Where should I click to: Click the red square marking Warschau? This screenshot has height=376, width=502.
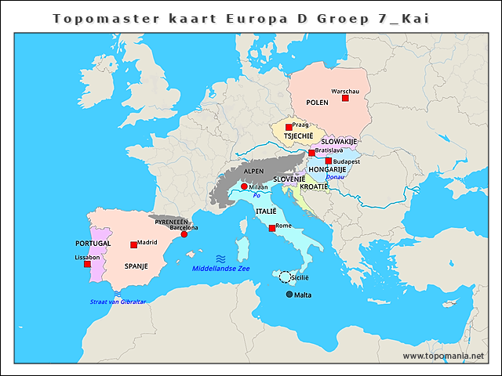tap(345, 98)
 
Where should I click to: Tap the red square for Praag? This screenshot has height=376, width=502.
tap(289, 127)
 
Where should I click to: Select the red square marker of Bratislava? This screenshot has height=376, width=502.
tap(311, 153)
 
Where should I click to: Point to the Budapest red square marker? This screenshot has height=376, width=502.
tap(329, 161)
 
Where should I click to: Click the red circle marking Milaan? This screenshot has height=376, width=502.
tap(244, 186)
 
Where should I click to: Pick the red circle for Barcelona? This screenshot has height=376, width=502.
tap(184, 234)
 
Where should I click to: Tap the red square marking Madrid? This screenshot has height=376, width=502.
tap(133, 245)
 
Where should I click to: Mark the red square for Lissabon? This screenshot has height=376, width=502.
tap(87, 264)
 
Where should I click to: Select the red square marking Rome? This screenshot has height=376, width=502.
tap(271, 228)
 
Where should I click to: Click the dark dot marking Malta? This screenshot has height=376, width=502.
tap(289, 295)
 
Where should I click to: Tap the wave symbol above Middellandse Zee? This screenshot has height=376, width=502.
tap(221, 258)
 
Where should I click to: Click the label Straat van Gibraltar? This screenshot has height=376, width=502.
tap(118, 302)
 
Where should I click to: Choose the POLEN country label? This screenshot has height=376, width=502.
tap(317, 103)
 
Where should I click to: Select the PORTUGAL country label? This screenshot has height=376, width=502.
tap(93, 244)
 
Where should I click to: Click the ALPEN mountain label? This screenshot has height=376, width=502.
tap(253, 171)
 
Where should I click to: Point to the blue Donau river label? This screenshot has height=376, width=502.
tap(335, 177)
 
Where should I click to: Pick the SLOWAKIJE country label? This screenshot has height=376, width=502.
tap(339, 142)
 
